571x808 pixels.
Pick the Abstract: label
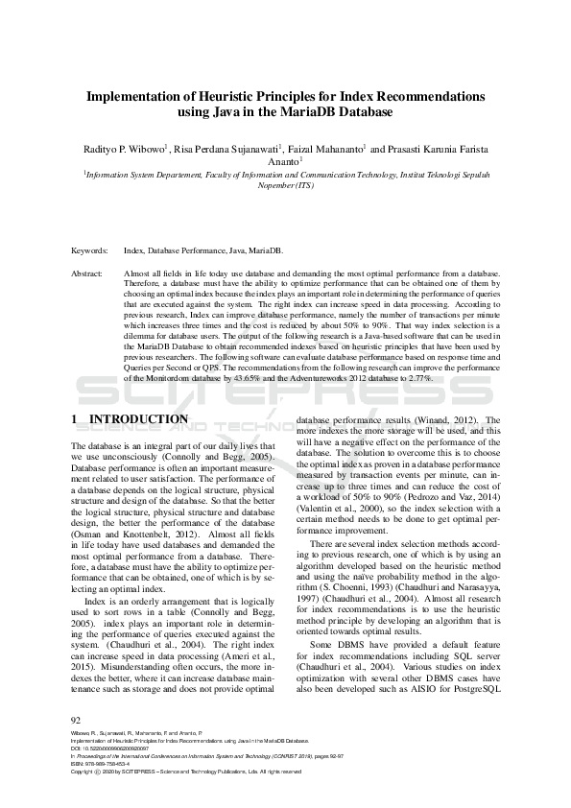point(88,273)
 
